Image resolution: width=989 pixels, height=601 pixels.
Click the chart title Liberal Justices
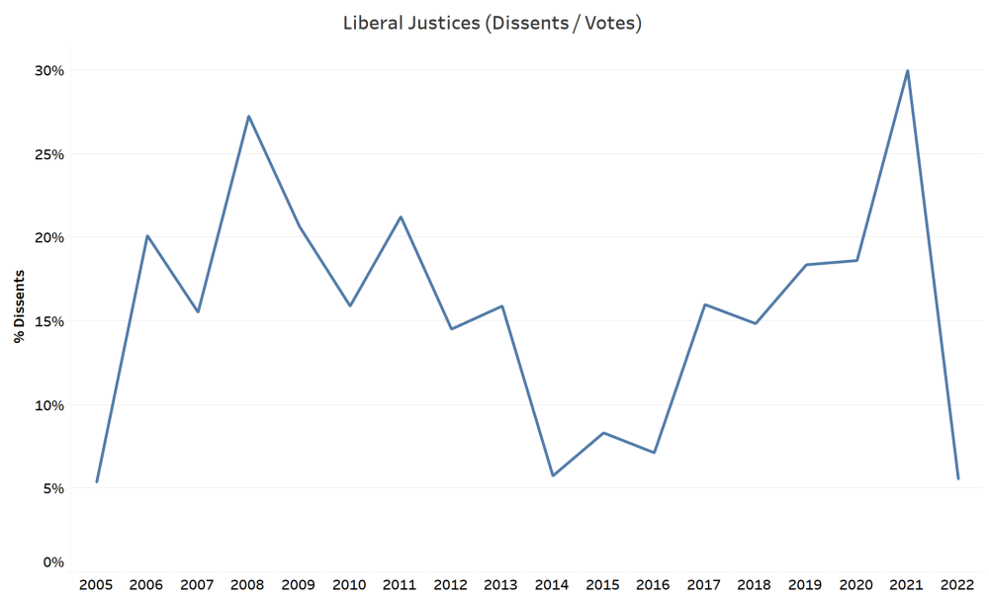[492, 23]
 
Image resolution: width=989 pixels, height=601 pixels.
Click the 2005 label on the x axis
[97, 585]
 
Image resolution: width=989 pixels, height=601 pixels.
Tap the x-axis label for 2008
[248, 585]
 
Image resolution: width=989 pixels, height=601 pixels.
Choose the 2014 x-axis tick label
[553, 585]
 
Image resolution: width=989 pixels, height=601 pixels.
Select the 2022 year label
[957, 585]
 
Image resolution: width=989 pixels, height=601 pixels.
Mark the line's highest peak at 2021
[907, 71]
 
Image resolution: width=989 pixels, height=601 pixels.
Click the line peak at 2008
[248, 117]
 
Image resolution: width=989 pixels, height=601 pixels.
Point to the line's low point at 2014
[553, 475]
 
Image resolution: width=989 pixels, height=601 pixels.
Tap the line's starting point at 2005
[97, 481]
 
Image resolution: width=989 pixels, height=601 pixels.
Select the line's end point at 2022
[957, 478]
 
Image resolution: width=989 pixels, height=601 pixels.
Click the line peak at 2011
[401, 216]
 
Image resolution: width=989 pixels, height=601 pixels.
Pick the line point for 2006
[147, 236]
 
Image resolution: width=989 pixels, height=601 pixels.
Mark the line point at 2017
[704, 304]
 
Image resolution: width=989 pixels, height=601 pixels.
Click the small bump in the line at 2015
[603, 433]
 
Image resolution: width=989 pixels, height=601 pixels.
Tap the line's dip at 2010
[350, 305]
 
